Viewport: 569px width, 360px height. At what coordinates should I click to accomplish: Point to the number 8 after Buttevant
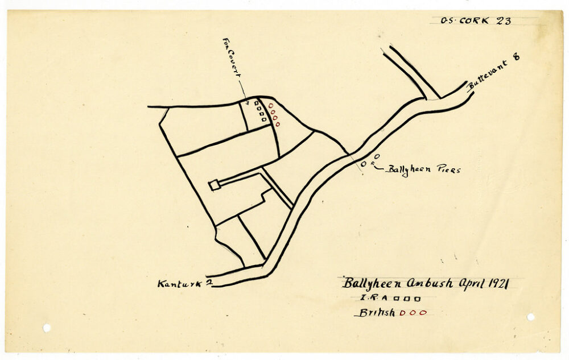(517, 57)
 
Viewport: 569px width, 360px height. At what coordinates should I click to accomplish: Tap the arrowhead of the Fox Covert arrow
(247, 102)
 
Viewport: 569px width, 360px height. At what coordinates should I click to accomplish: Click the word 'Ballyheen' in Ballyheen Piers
(409, 169)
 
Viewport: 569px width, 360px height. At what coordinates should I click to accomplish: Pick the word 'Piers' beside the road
(448, 169)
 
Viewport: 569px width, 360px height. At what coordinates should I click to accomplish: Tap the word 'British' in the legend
(376, 313)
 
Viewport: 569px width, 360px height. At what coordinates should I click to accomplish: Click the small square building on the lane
(215, 185)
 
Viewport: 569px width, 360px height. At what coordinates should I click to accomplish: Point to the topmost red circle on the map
(270, 105)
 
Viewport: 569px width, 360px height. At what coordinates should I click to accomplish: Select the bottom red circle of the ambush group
(277, 124)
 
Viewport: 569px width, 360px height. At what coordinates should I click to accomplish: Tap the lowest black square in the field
(264, 119)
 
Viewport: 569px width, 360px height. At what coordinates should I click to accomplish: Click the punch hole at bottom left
(47, 328)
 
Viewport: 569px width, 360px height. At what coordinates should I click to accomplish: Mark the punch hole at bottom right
(530, 317)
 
